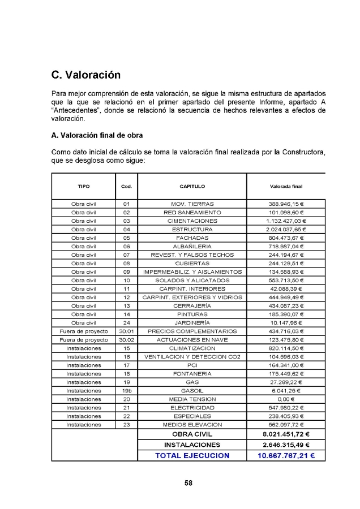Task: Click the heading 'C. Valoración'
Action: click(x=85, y=75)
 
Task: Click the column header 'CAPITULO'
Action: click(x=192, y=186)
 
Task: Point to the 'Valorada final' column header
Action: click(x=286, y=186)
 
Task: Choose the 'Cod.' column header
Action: click(x=127, y=186)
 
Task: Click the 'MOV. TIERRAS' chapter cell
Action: click(x=192, y=204)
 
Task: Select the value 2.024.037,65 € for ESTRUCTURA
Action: click(x=286, y=229)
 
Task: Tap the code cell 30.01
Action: click(x=127, y=331)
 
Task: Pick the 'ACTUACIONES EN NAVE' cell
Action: click(x=192, y=339)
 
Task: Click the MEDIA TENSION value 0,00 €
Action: click(x=286, y=399)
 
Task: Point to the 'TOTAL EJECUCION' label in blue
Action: click(x=192, y=455)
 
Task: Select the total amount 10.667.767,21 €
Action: click(x=286, y=455)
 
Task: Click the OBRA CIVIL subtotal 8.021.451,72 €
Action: click(x=286, y=434)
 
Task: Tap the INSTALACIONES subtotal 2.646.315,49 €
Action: click(x=286, y=445)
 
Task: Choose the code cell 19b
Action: click(x=127, y=390)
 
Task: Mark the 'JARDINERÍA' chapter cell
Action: click(x=192, y=322)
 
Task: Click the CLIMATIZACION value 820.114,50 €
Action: click(x=286, y=348)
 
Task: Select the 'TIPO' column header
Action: click(x=83, y=186)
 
